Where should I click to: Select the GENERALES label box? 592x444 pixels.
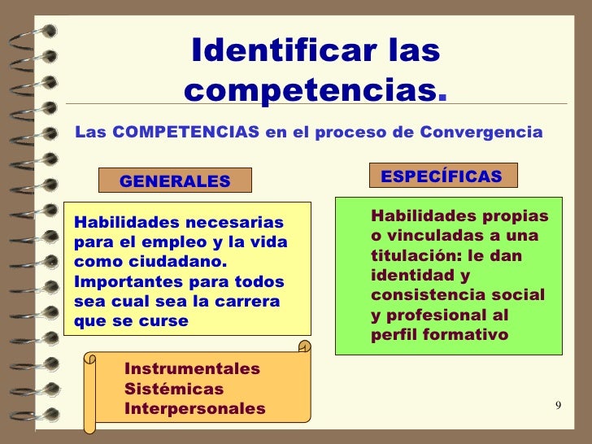[x=175, y=181]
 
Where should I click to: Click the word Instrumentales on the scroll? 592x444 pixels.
[x=192, y=369]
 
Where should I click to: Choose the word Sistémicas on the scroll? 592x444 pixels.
[x=173, y=389]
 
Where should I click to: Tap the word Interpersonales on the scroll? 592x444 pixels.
[x=194, y=408]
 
